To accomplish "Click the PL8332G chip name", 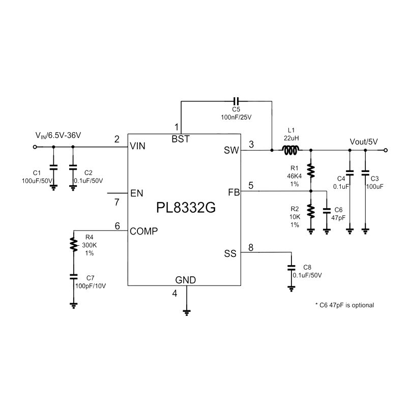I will click(x=184, y=208).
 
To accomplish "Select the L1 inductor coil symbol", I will click(x=292, y=150).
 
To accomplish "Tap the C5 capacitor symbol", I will click(x=236, y=101).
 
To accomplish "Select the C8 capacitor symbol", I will click(x=291, y=267).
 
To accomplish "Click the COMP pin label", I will click(x=143, y=231).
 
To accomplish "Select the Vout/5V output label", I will click(x=364, y=141).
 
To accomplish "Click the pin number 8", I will click(x=250, y=248).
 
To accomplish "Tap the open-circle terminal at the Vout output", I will click(x=386, y=150).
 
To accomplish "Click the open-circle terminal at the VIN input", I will click(x=35, y=147).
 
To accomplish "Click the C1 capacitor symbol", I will click(x=53, y=166).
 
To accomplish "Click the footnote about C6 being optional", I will click(x=345, y=305).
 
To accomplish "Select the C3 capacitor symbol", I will click(x=365, y=172).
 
